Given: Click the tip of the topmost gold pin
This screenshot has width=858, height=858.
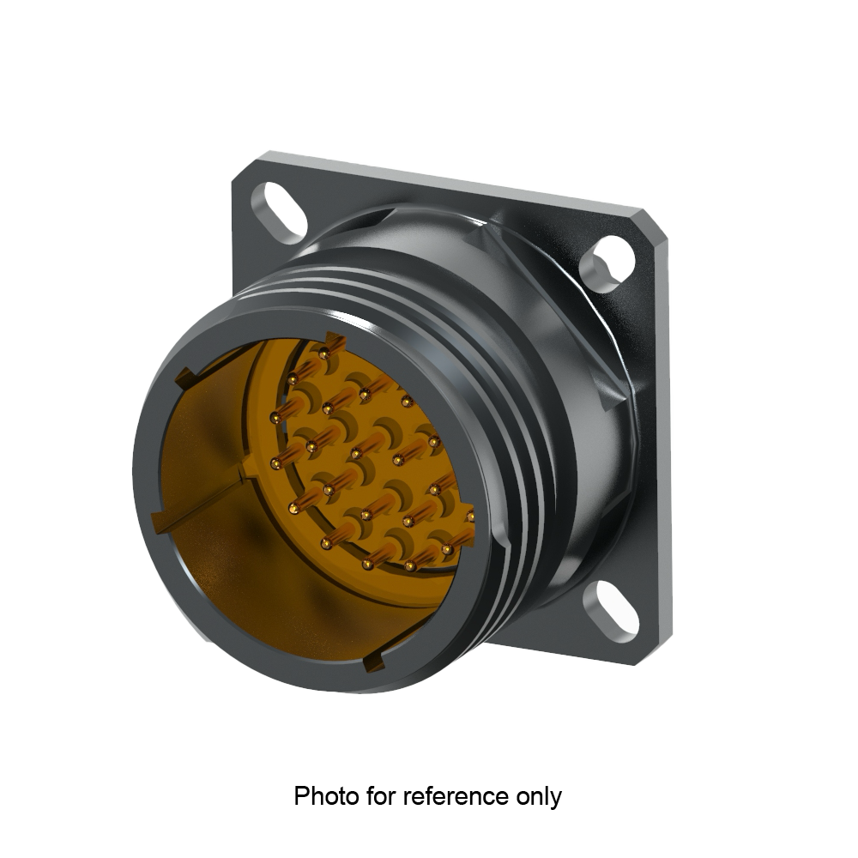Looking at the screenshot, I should point(323,353).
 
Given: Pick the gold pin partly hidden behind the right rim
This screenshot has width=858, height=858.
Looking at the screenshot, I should point(469,517).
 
